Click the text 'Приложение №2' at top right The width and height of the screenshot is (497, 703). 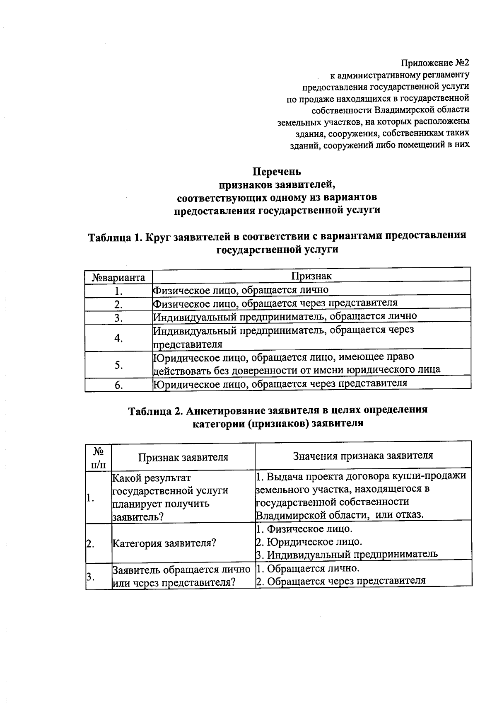point(435,63)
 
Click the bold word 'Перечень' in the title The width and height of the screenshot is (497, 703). point(277,171)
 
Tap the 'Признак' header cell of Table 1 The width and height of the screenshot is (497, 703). point(311,276)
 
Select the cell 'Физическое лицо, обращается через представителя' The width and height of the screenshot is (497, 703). point(275,303)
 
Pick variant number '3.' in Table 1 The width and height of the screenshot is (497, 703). point(119,318)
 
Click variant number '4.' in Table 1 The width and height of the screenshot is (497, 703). point(119,338)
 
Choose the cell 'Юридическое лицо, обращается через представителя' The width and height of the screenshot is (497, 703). point(280,383)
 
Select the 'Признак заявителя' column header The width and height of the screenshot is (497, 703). point(183,457)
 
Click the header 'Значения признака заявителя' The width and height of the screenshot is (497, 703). point(363,456)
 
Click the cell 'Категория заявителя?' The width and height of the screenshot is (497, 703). point(164,543)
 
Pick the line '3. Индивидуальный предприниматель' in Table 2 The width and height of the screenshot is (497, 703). point(347,554)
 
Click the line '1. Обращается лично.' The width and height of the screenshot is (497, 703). point(308,568)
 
